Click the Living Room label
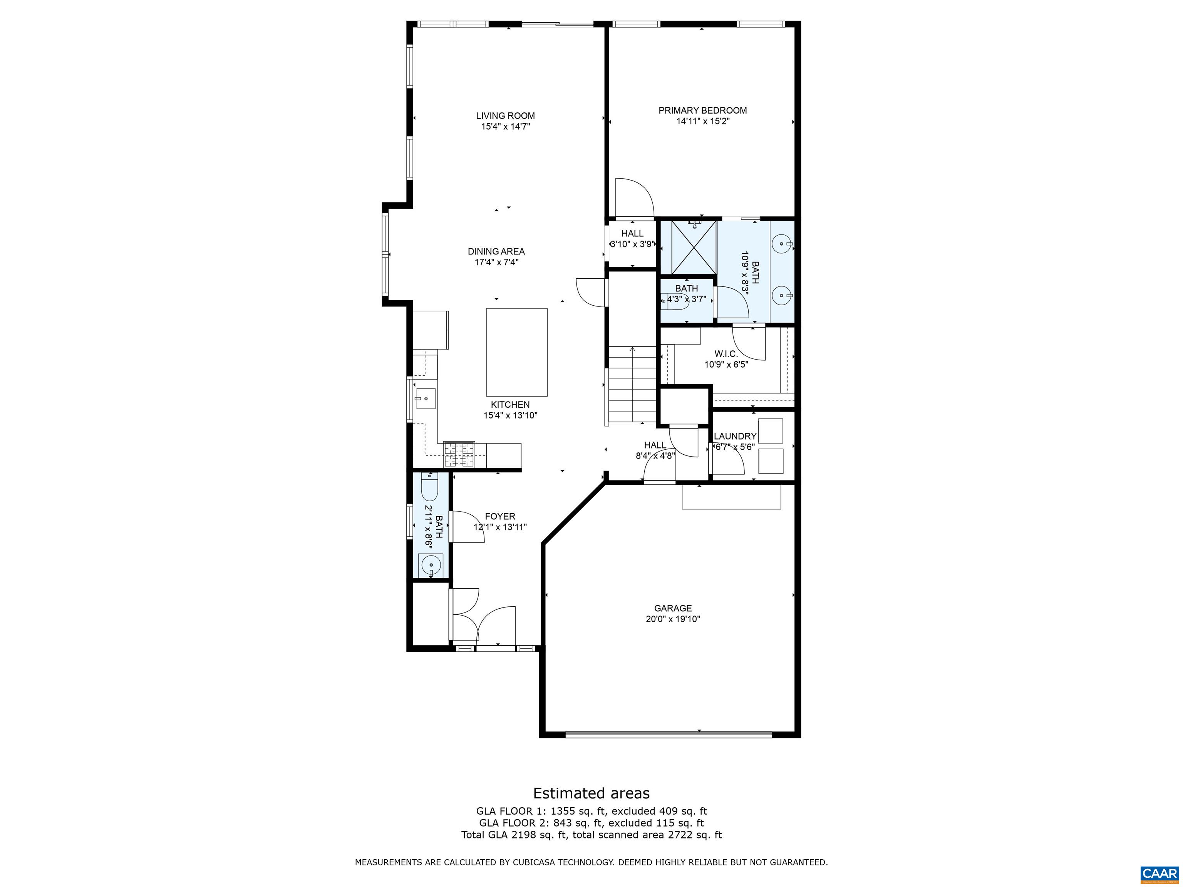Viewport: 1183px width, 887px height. coord(505,115)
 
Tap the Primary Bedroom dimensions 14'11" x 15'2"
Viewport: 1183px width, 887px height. coord(703,121)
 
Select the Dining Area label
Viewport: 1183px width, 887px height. coord(496,251)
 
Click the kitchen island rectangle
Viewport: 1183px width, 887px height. coord(517,352)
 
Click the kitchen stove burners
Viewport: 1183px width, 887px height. coord(459,455)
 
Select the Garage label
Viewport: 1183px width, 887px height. coord(673,608)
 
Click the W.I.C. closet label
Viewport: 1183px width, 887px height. coord(726,354)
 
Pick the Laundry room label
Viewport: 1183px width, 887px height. coord(736,436)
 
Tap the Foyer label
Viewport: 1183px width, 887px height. coord(500,517)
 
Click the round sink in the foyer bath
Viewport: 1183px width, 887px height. coord(431,564)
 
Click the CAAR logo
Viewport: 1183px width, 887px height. coord(1160,874)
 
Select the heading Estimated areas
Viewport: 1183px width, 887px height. coord(591,793)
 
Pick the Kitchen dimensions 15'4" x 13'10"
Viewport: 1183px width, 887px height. coord(510,415)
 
